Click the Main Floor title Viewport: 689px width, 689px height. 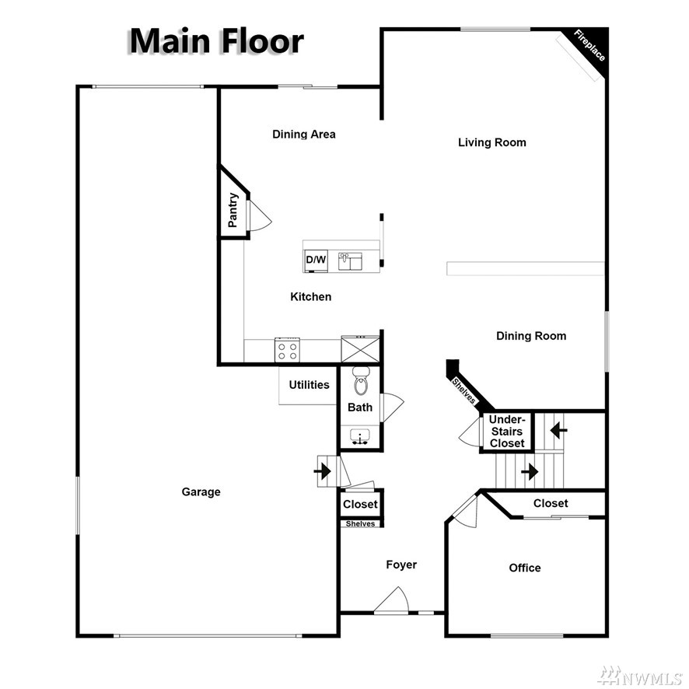(217, 41)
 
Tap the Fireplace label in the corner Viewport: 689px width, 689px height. (589, 45)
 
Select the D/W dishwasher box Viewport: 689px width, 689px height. (316, 260)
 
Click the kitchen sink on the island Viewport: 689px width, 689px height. (350, 261)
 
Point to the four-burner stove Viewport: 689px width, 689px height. (288, 350)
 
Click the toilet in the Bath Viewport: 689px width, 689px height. (361, 381)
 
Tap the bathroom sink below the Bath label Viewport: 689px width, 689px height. (360, 437)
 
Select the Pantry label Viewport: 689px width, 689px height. (233, 210)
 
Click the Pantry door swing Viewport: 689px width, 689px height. (261, 215)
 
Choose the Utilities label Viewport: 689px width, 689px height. (309, 385)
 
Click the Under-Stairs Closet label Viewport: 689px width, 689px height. (507, 431)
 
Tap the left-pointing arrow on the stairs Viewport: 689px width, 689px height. (558, 430)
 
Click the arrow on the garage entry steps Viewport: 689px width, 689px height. (323, 471)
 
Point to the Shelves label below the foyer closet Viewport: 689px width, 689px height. (360, 524)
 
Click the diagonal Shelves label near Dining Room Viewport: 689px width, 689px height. (463, 390)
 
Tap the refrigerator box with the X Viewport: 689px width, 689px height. (360, 349)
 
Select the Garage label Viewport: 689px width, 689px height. (201, 491)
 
